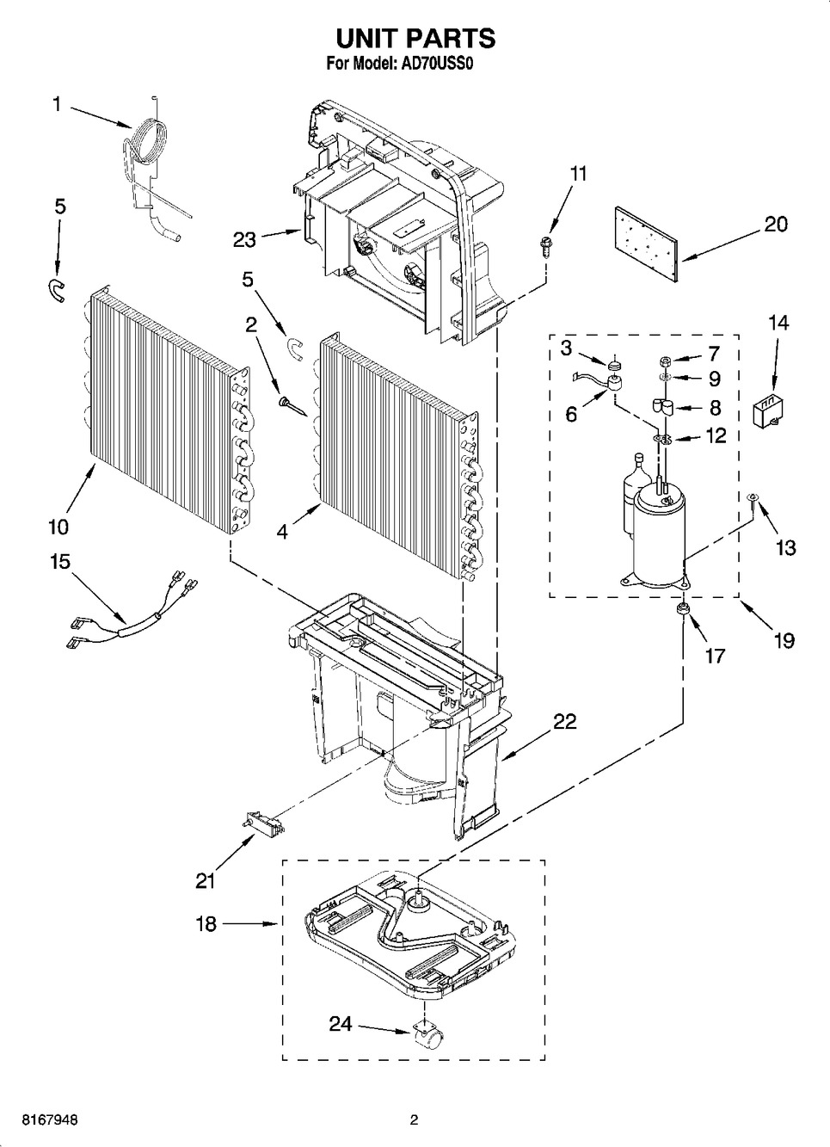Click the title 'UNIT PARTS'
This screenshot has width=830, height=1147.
pos(415,39)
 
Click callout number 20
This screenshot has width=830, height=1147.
pos(776,225)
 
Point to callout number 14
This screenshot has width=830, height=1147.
pos(778,323)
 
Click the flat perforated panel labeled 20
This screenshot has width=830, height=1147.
pos(648,244)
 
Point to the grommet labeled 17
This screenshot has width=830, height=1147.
pos(682,609)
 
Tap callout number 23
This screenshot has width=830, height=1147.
pos(244,239)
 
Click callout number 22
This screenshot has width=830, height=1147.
pos(563,721)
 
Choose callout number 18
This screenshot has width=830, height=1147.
pos(206,924)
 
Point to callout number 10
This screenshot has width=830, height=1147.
pos(58,527)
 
